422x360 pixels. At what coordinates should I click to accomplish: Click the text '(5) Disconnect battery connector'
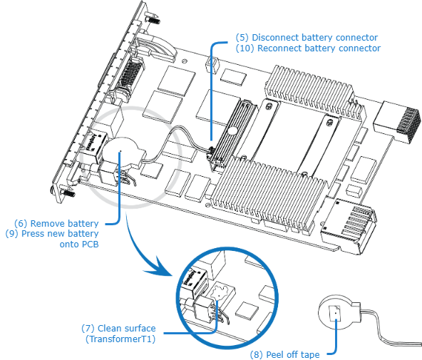tap(307, 37)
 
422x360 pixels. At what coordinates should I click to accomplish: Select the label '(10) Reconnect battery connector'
tap(308, 48)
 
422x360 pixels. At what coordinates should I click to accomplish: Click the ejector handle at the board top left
tap(153, 50)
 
